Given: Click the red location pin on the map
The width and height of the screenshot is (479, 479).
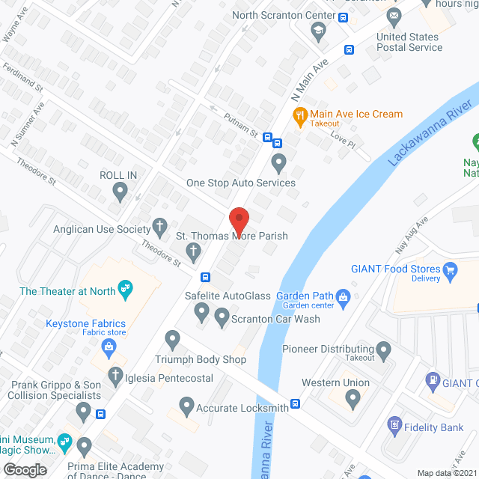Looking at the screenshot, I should coord(239,220).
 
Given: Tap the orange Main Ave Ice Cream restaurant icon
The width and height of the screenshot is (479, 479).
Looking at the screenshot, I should coord(299,115).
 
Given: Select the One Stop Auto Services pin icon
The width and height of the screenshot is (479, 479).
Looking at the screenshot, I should coord(278,162).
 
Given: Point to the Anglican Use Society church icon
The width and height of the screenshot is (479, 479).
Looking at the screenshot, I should coord(159,225).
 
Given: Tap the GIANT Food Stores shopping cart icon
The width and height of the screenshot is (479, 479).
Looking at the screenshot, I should coord(450,269).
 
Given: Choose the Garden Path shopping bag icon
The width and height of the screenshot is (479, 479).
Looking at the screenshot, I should coord(343,296).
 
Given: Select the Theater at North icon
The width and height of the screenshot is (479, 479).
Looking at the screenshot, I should coord(126,286).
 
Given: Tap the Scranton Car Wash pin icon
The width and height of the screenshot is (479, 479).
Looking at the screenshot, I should coord(222,319).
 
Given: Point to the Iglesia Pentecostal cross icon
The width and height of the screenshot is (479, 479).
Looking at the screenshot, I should coord(115,373).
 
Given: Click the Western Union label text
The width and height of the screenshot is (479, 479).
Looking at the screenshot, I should coord(335,382).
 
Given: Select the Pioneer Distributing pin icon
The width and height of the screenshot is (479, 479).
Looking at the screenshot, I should coord(383,349).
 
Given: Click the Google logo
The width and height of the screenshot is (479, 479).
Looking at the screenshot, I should coord(25,469).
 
